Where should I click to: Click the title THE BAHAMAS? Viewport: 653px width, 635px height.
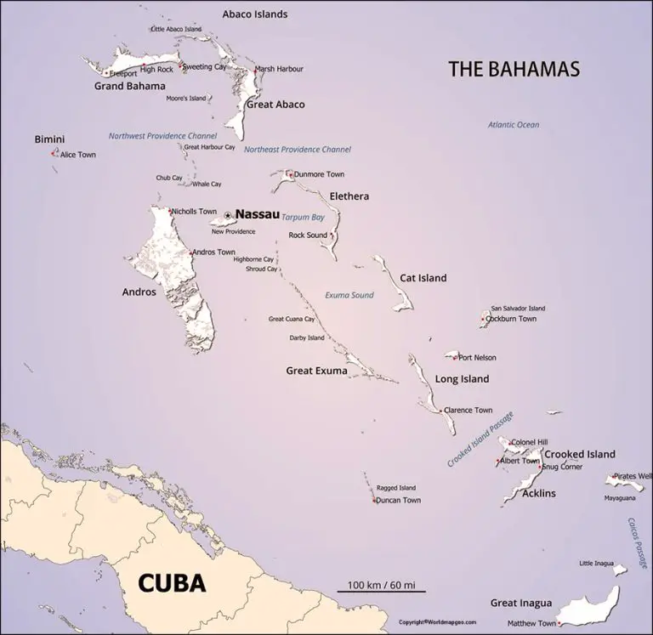(x=514, y=69)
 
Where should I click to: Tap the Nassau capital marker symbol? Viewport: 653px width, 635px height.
(x=228, y=215)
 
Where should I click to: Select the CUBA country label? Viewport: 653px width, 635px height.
(x=172, y=583)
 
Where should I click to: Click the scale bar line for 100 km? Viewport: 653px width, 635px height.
(x=381, y=589)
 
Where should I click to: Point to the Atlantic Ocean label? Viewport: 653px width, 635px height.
(x=514, y=125)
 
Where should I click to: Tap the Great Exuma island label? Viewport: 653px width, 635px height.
(x=316, y=371)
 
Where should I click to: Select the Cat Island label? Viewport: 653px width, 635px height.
(x=423, y=278)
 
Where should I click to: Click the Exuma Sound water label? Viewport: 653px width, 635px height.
(x=349, y=295)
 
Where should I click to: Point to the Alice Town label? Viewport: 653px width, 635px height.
(x=78, y=155)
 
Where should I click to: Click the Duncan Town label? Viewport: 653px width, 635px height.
(x=400, y=501)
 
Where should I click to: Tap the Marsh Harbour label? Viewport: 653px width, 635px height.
(x=280, y=69)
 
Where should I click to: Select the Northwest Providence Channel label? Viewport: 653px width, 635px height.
(x=162, y=136)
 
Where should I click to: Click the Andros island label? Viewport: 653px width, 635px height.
(x=139, y=292)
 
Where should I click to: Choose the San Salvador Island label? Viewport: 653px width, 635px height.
(x=518, y=308)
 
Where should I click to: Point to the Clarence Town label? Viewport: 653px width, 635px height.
(x=468, y=411)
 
